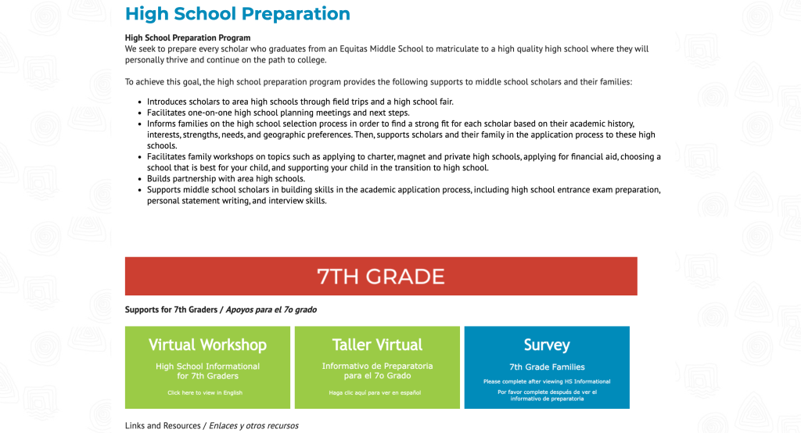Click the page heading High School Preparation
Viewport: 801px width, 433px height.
237,14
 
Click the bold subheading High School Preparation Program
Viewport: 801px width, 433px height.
188,38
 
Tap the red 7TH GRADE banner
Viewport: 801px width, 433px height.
381,276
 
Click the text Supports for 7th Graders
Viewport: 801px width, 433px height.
171,310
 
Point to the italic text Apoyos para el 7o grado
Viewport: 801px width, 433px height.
271,310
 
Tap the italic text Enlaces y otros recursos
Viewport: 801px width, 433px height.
253,426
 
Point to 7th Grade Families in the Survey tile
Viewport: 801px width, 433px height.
547,367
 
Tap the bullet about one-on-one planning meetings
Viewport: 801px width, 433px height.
278,113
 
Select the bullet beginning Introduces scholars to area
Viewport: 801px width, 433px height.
300,102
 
